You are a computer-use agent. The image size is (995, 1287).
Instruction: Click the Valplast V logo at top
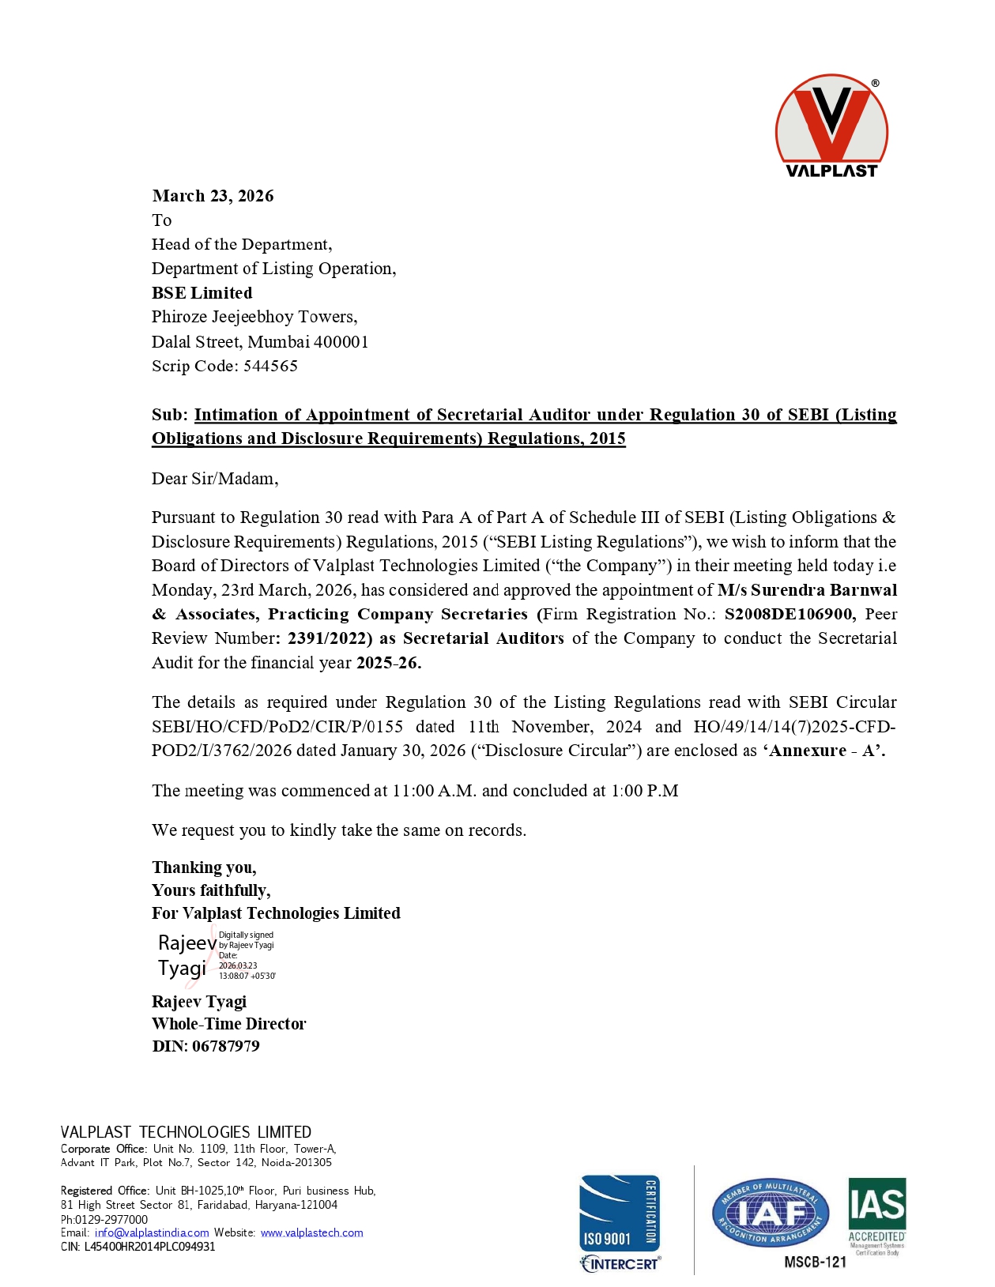tap(831, 125)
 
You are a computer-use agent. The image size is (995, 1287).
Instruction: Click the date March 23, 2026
tap(213, 196)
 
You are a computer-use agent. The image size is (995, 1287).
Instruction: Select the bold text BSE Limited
tap(202, 293)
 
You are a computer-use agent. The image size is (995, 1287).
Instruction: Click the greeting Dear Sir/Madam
tap(214, 479)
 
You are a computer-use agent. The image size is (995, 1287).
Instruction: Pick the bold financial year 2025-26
tap(388, 663)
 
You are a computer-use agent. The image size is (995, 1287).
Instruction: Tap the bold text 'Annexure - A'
tap(826, 751)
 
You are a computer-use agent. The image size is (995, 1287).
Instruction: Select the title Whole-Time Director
tap(228, 1024)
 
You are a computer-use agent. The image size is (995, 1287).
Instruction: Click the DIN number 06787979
tap(225, 1046)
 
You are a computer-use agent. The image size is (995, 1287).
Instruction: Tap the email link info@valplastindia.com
tap(152, 1232)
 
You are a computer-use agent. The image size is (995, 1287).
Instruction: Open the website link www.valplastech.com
tap(311, 1232)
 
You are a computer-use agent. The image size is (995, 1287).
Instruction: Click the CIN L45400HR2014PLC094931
tap(149, 1247)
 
